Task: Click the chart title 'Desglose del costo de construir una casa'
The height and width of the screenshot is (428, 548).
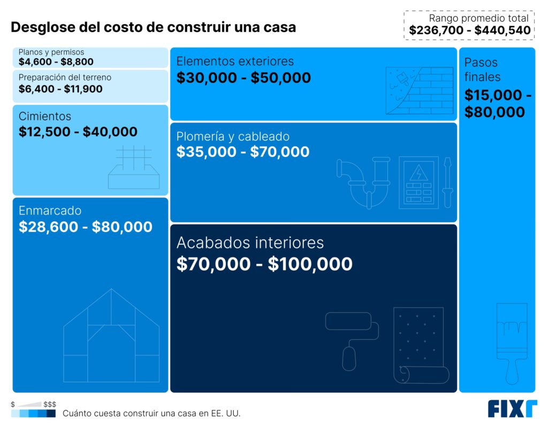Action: pyautogui.click(x=153, y=27)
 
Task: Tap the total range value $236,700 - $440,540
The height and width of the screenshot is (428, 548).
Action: pyautogui.click(x=469, y=31)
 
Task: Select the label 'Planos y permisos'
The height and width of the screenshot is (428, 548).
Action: pyautogui.click(x=51, y=52)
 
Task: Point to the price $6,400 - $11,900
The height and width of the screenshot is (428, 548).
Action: pyautogui.click(x=60, y=89)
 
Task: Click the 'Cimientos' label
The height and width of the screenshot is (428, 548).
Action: pyautogui.click(x=45, y=116)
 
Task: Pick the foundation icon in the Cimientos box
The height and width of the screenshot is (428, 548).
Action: pyautogui.click(x=134, y=167)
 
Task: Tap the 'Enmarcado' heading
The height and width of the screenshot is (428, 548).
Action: pyautogui.click(x=50, y=211)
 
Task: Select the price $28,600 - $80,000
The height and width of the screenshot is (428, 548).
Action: pyautogui.click(x=86, y=227)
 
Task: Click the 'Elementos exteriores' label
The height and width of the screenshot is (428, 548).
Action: pyautogui.click(x=235, y=61)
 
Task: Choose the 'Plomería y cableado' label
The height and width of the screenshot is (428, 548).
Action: pyautogui.click(x=233, y=137)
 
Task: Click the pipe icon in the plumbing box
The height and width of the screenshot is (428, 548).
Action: pyautogui.click(x=364, y=179)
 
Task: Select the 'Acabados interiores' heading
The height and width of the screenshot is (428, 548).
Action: pyautogui.click(x=250, y=243)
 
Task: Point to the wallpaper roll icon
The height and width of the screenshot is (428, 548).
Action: pyautogui.click(x=420, y=345)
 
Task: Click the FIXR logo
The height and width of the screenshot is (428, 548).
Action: pyautogui.click(x=512, y=409)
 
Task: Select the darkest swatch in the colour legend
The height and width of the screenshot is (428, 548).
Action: pyautogui.click(x=51, y=414)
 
